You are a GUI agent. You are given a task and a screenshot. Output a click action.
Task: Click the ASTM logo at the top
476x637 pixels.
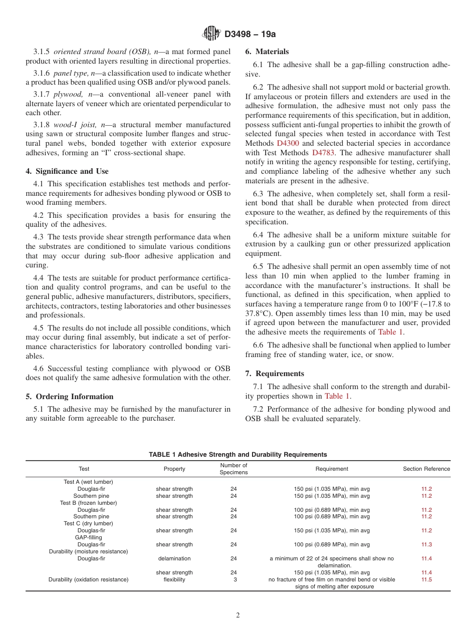[211, 34]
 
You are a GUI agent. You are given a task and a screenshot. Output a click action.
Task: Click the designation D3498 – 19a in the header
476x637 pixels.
[251, 34]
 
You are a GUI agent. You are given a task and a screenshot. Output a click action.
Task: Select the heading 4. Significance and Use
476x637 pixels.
[67, 171]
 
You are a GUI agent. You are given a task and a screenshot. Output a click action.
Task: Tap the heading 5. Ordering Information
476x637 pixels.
[70, 396]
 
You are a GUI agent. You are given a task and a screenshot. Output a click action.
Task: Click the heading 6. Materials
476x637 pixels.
[267, 52]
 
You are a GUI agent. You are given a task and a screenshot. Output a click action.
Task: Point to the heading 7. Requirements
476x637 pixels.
[275, 373]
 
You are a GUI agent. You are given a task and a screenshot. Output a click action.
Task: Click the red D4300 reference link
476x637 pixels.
[288, 143]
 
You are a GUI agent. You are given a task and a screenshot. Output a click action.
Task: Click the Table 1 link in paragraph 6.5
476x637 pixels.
[390, 332]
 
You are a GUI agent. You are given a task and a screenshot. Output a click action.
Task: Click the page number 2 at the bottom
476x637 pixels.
[238, 615]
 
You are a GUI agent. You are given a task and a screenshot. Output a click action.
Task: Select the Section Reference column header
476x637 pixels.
[426, 469]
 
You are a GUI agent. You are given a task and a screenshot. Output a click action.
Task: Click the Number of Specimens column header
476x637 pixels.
[233, 469]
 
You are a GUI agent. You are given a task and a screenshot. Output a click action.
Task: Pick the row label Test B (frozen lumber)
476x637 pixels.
[88, 503]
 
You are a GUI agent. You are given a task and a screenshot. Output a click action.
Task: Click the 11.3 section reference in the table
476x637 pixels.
[426, 544]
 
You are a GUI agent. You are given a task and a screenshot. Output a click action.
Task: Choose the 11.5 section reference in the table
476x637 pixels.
[426, 579]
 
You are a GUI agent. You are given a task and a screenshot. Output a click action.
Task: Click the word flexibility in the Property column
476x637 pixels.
[174, 579]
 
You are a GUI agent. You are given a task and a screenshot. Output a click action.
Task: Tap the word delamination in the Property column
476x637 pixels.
[174, 558]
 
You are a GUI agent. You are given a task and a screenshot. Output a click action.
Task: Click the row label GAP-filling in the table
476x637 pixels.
[88, 537]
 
